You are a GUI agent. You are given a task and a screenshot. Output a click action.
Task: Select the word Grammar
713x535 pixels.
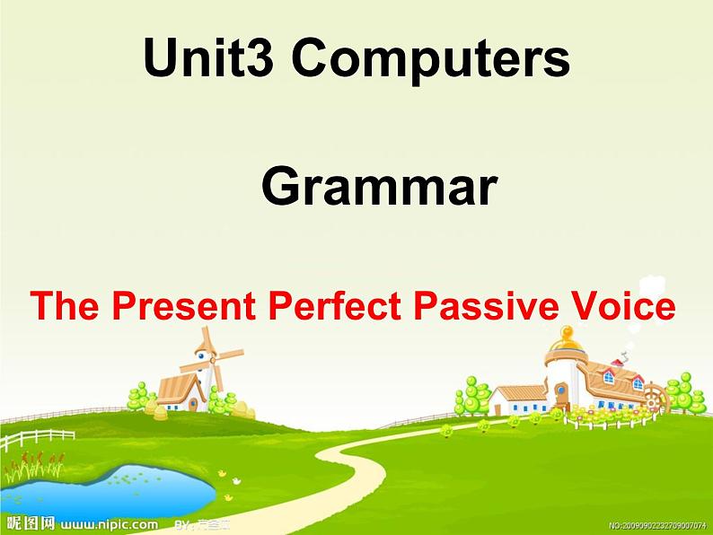[379, 188]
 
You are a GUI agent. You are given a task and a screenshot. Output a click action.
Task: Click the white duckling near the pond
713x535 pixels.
[229, 496]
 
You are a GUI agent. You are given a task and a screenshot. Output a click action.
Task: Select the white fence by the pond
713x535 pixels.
[36, 440]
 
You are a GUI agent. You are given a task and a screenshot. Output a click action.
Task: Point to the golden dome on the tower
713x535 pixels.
[566, 339]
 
